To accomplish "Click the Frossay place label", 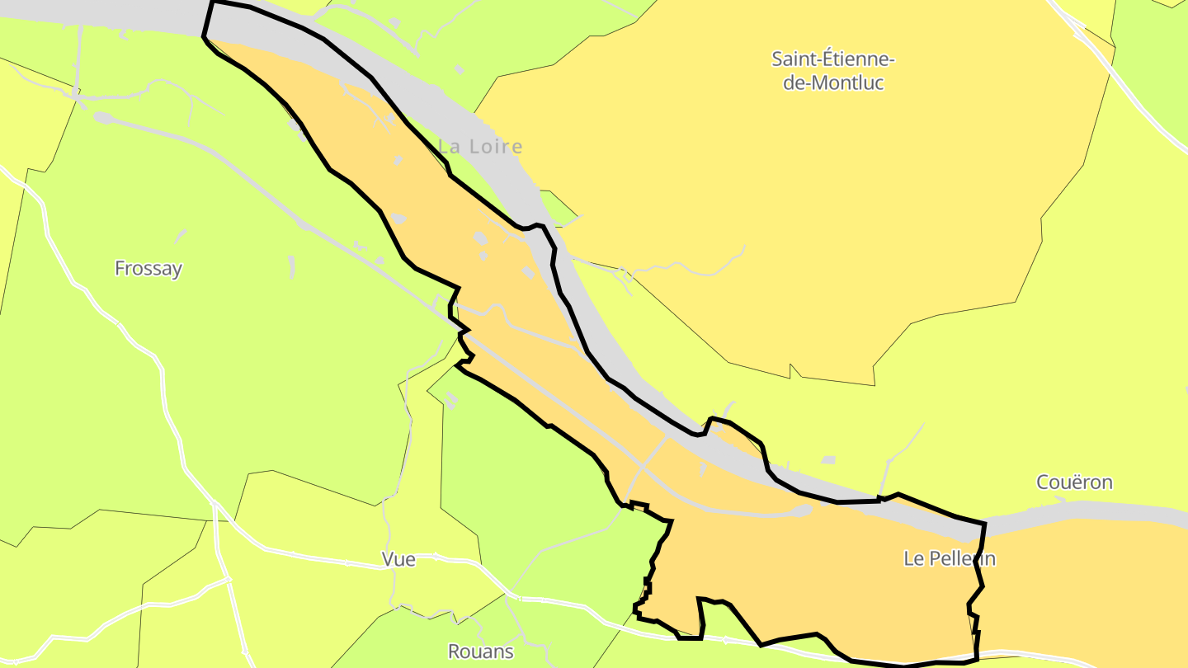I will [148, 269].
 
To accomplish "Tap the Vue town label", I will [398, 559].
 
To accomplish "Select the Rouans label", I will [480, 652].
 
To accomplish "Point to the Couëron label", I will [1074, 482].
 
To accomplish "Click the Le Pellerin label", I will [950, 558].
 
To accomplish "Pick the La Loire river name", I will [480, 147].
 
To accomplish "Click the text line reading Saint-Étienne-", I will [833, 59].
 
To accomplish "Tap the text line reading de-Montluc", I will [833, 82].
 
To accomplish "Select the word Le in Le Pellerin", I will [913, 558].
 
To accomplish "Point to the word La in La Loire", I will [450, 147].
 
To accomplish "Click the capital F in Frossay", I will [120, 269].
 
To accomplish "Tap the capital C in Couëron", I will [1044, 482].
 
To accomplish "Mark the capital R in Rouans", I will [454, 652].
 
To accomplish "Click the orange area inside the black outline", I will [825, 569].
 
